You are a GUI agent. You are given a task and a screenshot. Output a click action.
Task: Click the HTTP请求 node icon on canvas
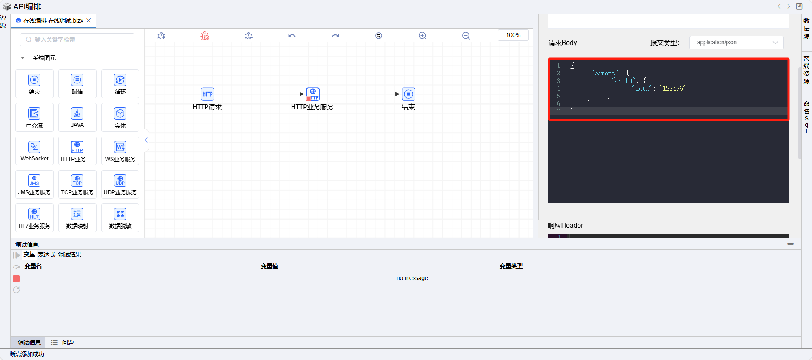point(207,94)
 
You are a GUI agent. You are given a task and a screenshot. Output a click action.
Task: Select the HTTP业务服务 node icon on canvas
point(313,94)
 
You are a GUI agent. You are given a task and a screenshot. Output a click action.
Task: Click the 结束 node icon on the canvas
point(409,94)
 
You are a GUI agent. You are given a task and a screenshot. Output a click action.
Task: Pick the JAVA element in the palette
point(77,113)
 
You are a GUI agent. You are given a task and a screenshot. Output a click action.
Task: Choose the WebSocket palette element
point(34,147)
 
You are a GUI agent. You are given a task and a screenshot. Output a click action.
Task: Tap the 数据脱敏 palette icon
point(120,214)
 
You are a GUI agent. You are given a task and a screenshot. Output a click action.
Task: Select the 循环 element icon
point(120,80)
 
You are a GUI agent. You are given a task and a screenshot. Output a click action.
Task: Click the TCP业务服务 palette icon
point(77,180)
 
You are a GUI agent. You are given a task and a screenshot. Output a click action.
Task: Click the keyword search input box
point(77,40)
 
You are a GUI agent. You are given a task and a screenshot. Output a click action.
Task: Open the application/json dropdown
point(736,43)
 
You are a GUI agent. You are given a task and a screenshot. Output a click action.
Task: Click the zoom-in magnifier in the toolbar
point(423,36)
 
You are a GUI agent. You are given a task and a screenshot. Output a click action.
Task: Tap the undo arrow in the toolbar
point(292,36)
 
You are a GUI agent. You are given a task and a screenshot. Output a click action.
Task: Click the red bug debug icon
point(205,36)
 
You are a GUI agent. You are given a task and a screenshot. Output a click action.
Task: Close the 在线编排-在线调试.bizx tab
point(89,20)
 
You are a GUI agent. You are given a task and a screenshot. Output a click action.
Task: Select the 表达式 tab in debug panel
point(46,254)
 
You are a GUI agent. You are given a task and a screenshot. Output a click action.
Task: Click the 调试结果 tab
point(69,254)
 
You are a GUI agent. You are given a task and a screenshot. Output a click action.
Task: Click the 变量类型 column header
point(511,266)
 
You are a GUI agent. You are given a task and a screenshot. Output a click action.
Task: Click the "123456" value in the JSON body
point(673,89)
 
